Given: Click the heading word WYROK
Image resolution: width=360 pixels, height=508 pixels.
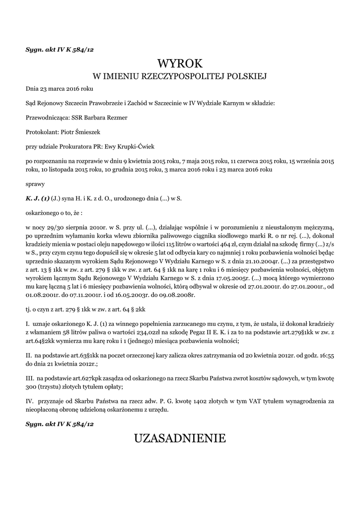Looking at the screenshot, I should point(180,63).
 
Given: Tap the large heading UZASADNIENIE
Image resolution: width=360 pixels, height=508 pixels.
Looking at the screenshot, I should point(180,438).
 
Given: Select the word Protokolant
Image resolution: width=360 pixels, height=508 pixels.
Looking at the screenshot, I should point(42,132).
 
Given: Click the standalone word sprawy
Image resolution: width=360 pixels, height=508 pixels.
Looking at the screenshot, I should point(35,184).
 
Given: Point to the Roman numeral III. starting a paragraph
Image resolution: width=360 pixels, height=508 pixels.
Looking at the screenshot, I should point(29,379).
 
